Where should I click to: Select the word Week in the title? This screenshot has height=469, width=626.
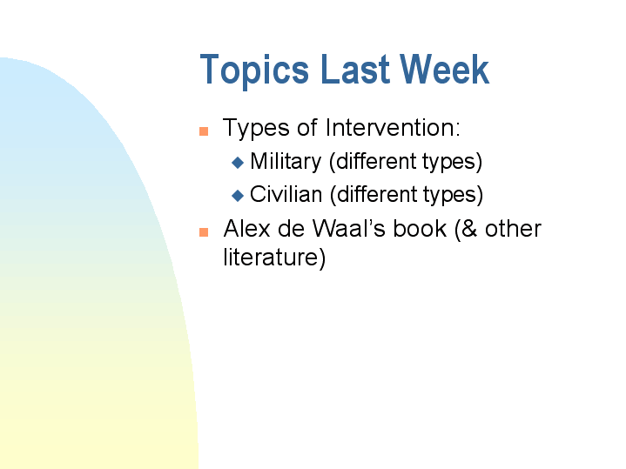[447, 70]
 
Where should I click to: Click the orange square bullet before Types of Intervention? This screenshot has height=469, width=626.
[204, 131]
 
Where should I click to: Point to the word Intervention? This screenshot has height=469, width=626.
[392, 128]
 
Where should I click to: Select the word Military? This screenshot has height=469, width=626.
[286, 162]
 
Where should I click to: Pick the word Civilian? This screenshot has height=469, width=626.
[286, 194]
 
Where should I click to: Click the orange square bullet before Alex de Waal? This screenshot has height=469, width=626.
[204, 232]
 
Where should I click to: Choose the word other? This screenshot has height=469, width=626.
[513, 229]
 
